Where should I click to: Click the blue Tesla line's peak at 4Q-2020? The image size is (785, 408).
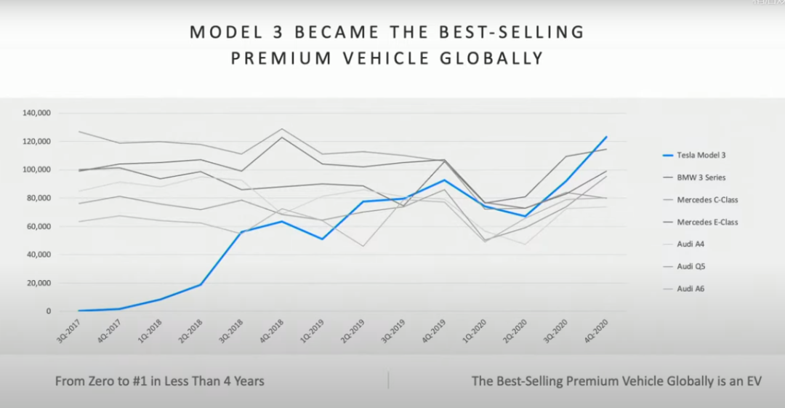click(x=606, y=137)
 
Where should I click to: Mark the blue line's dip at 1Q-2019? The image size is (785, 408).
click(x=322, y=239)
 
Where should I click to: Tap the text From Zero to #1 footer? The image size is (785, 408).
click(x=160, y=380)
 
